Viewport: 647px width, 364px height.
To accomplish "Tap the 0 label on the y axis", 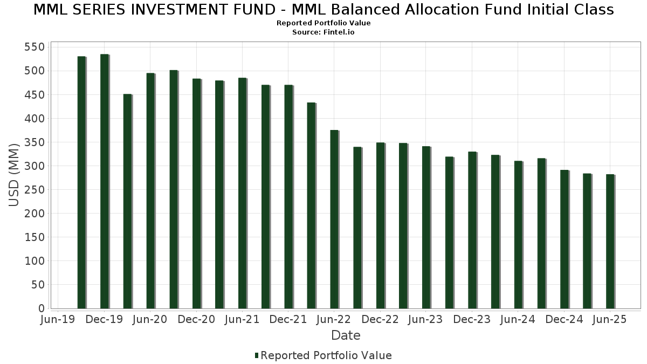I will [x=41, y=308].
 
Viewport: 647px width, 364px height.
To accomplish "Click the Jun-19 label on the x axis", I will [x=58, y=320].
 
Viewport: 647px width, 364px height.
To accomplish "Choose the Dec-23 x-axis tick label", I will [x=472, y=320].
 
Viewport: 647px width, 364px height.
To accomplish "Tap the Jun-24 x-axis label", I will [x=518, y=320].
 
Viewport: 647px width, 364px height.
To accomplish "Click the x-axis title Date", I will [x=346, y=335].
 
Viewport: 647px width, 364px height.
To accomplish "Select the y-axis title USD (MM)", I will [x=15, y=175].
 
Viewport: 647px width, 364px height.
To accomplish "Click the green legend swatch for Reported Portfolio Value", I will [x=257, y=355].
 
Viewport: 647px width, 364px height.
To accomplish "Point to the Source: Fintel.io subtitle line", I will [x=323, y=32].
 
